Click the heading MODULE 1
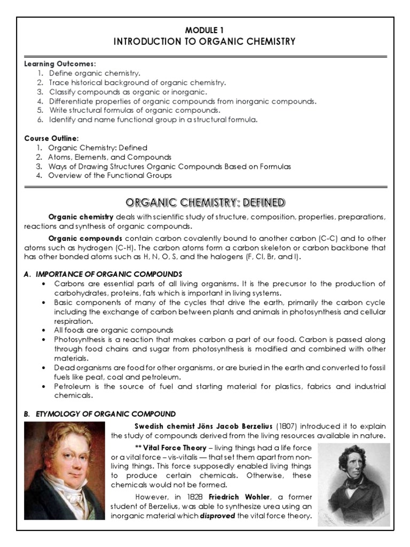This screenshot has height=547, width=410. click(205, 30)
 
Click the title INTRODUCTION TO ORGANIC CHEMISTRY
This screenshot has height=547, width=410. click(205, 41)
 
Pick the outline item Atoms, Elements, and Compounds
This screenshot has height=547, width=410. click(109, 157)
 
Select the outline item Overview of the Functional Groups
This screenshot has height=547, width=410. click(110, 175)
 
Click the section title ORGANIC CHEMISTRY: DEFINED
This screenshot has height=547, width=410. click(205, 202)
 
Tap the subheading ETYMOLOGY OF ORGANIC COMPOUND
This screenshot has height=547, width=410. click(101, 413)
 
